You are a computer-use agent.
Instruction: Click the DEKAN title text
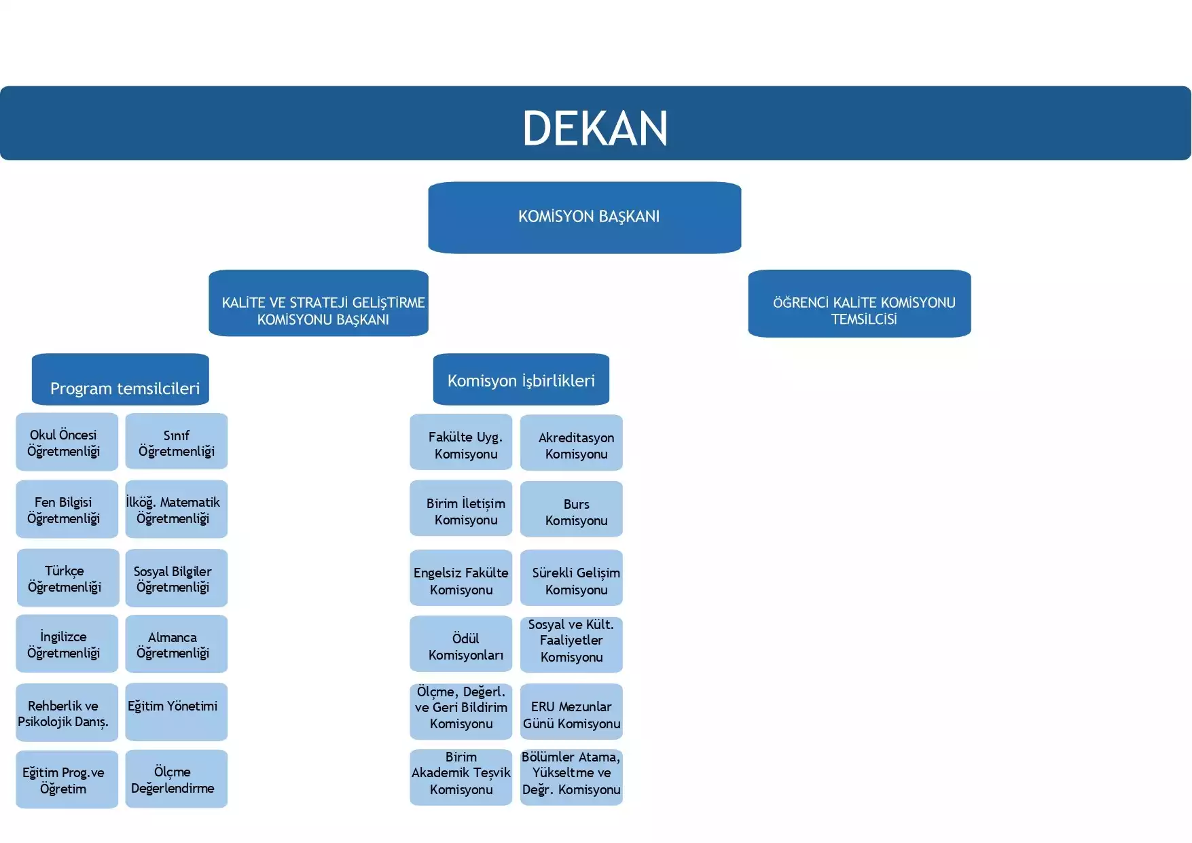[x=595, y=128]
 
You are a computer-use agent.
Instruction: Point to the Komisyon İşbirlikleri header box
[x=521, y=379]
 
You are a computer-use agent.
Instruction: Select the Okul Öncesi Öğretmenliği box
[x=67, y=442]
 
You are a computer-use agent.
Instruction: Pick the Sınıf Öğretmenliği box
[x=176, y=442]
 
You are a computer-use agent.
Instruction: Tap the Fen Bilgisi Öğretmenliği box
[x=67, y=509]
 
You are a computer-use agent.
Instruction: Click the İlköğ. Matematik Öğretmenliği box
[x=176, y=509]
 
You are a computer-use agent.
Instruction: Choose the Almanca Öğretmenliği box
[x=176, y=644]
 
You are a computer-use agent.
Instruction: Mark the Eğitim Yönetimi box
[x=176, y=712]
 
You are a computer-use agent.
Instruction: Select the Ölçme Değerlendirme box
[x=176, y=779]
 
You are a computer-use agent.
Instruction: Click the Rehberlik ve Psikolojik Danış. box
[x=67, y=713]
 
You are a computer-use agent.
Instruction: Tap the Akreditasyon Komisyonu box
[x=571, y=443]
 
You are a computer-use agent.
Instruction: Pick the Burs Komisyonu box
[x=571, y=509]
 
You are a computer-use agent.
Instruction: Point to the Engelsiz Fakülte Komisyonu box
[x=460, y=578]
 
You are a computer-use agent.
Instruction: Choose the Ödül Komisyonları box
[x=460, y=644]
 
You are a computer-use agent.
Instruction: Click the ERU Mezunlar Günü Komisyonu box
[x=571, y=712]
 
